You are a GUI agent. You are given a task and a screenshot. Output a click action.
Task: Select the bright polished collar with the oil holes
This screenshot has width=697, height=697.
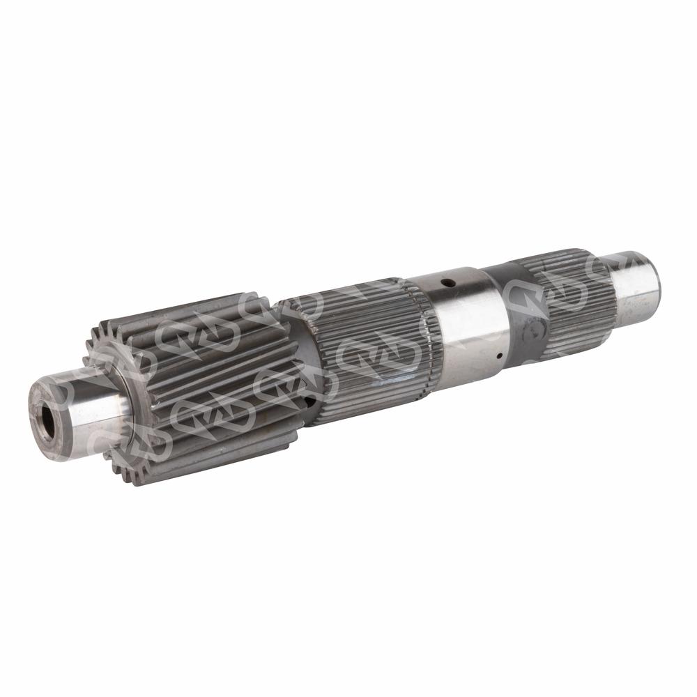coord(467,321)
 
